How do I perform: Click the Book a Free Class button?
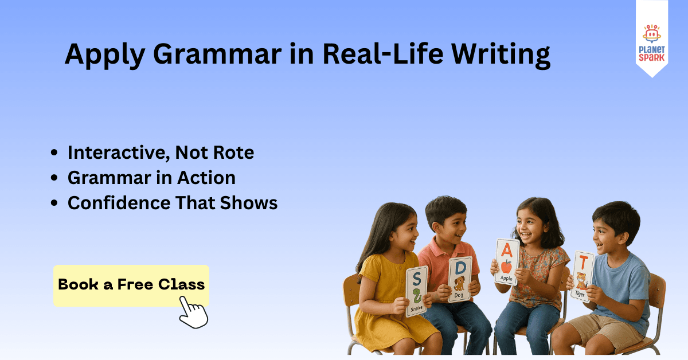131,284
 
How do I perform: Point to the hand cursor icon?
193,312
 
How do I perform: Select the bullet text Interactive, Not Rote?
161,152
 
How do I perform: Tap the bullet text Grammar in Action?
151,178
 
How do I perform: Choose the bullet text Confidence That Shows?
173,203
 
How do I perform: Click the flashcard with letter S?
416,291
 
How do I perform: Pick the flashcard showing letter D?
460,279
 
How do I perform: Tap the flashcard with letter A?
507,261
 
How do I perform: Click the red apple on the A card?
507,267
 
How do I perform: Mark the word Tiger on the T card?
580,294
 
